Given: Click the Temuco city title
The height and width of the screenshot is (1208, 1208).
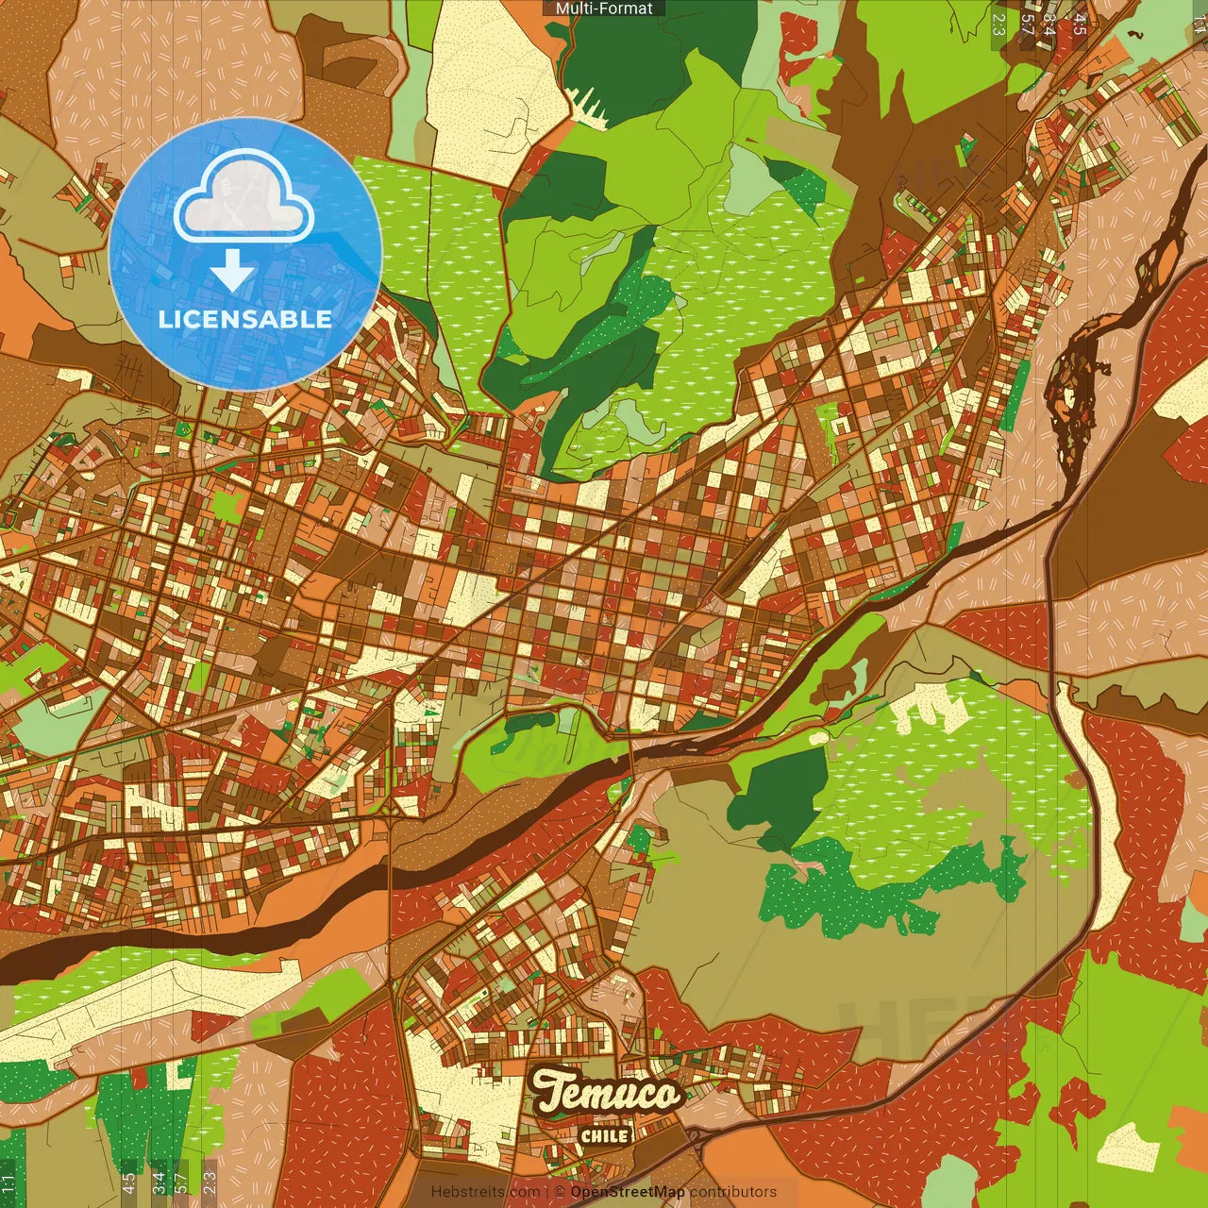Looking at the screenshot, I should coord(606,1093).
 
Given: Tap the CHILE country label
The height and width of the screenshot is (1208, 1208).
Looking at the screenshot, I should coord(605,1135).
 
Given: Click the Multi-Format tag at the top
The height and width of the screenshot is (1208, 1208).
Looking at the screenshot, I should coord(604,8).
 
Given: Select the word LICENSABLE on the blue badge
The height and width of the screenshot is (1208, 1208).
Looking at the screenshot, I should coord(245,319).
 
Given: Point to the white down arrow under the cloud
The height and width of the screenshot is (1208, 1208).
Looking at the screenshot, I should coord(232,272).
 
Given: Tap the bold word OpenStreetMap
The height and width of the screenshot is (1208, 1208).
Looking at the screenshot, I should coord(627,1192).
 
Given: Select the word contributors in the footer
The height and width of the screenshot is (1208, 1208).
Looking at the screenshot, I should coord(733,1192).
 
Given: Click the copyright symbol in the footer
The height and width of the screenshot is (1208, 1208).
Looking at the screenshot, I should coord(561,1192).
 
